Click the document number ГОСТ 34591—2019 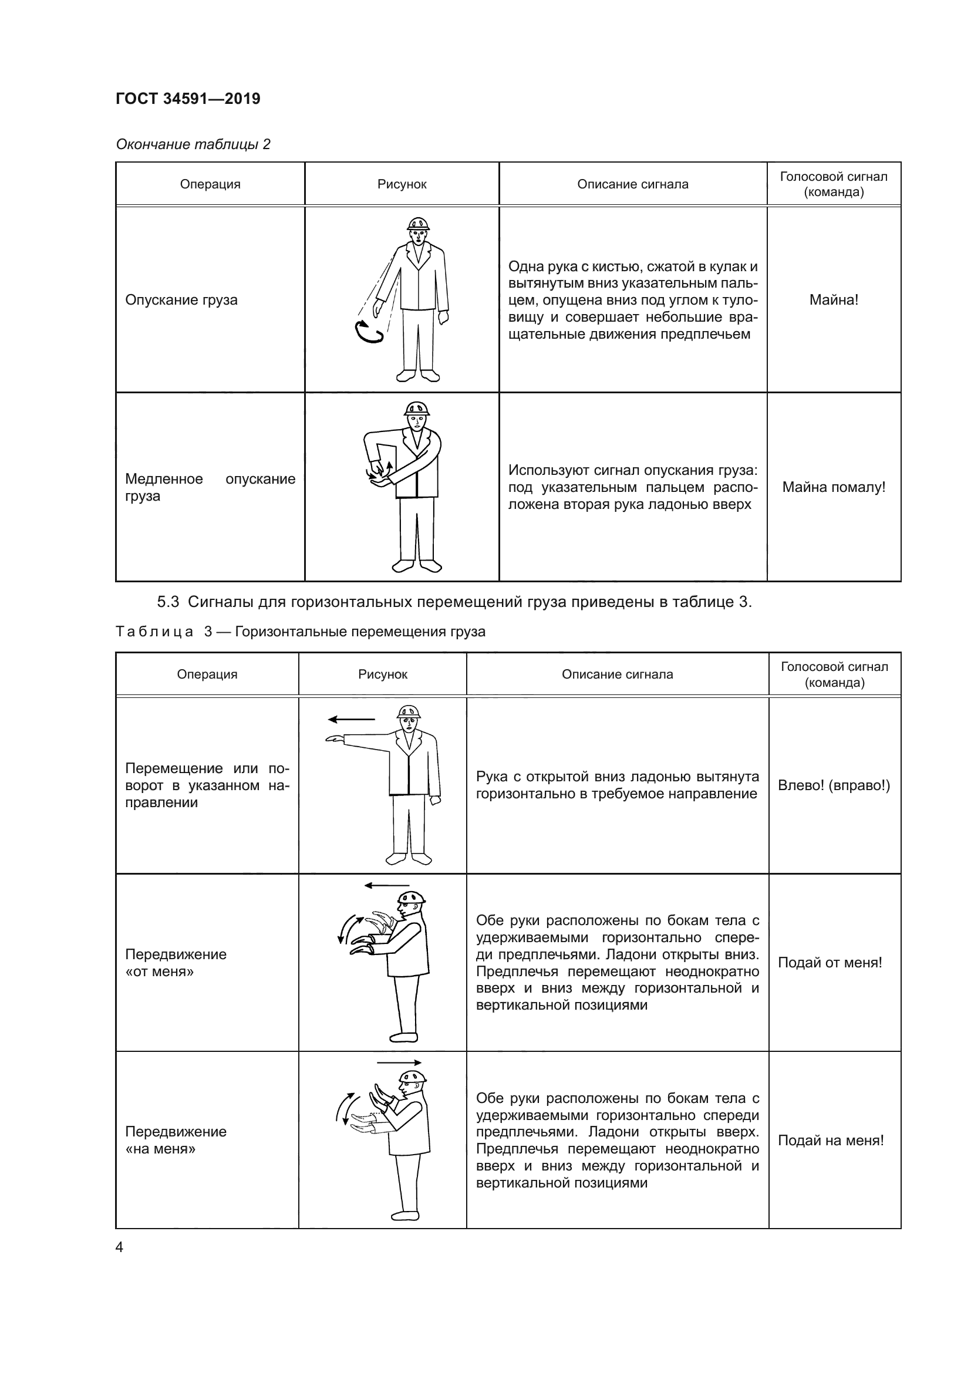click(x=188, y=99)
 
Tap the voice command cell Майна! click(x=834, y=299)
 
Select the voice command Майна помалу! click(x=834, y=487)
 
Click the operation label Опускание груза click(x=181, y=299)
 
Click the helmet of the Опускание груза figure click(x=418, y=224)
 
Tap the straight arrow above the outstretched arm click(x=351, y=719)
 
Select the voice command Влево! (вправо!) click(x=834, y=785)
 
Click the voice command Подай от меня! click(x=830, y=963)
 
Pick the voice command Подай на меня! click(x=831, y=1141)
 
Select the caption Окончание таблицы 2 click(x=193, y=144)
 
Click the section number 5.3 click(x=168, y=602)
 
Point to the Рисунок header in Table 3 click(x=383, y=674)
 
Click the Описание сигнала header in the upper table click(x=633, y=184)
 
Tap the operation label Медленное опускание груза click(x=210, y=487)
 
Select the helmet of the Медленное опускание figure click(x=417, y=409)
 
